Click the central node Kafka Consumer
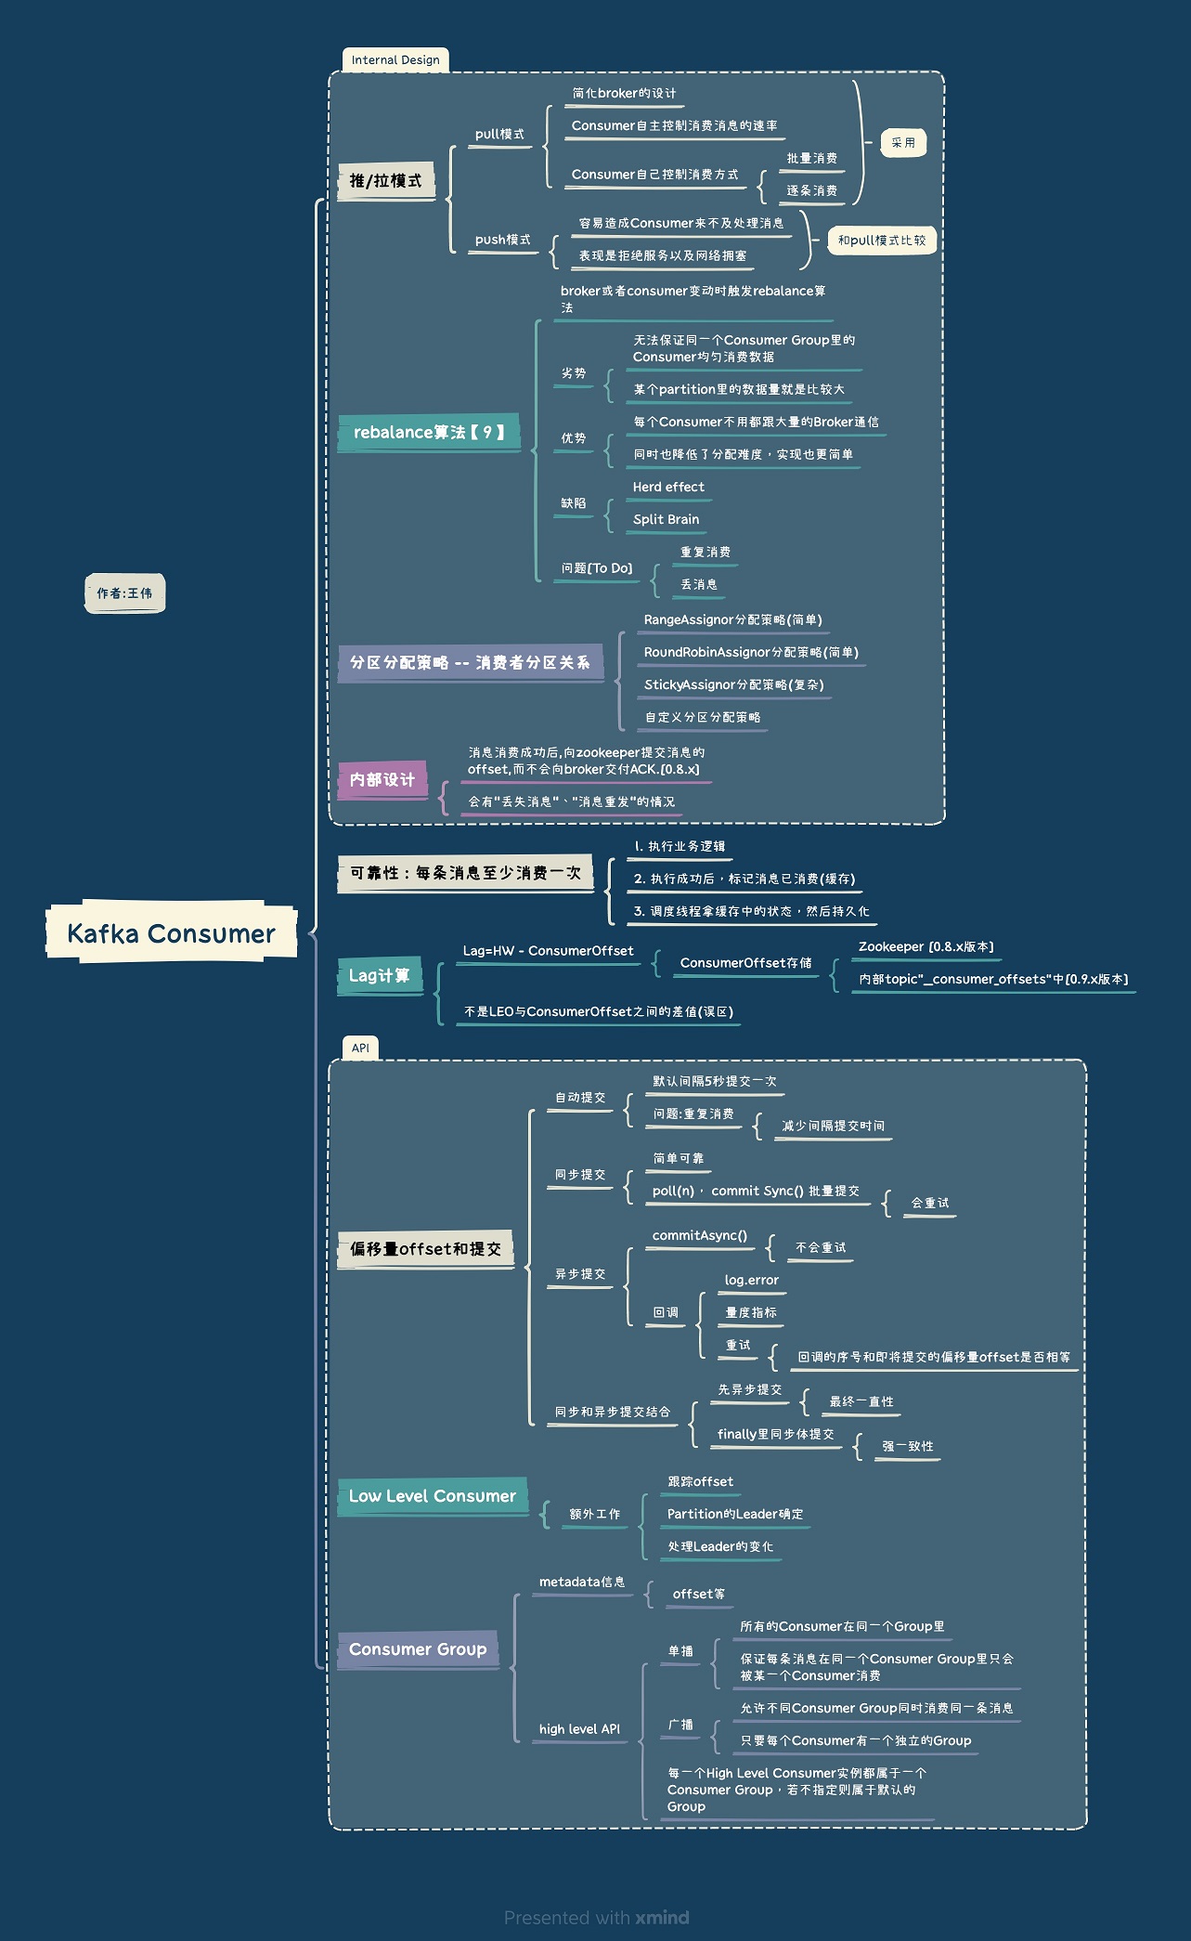(x=172, y=932)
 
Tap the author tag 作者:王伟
(x=124, y=593)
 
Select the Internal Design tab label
(x=395, y=60)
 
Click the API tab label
(x=360, y=1048)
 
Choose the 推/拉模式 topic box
(x=385, y=181)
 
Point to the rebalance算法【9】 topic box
(x=429, y=432)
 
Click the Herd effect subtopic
(x=668, y=487)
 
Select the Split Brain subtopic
(x=667, y=519)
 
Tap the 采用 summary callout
(x=903, y=143)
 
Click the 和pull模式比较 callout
(x=882, y=241)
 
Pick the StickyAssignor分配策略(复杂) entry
(x=734, y=684)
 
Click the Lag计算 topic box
(x=379, y=975)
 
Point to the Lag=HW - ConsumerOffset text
(x=549, y=951)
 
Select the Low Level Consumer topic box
(x=433, y=1495)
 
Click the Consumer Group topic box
(x=418, y=1648)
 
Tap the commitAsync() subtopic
(x=700, y=1235)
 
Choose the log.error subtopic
(x=752, y=1280)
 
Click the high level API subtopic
(x=579, y=1728)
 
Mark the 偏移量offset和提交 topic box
(x=426, y=1249)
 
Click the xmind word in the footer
(x=662, y=1918)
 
